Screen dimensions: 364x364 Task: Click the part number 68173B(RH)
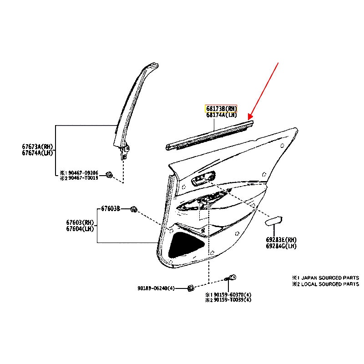[221, 109]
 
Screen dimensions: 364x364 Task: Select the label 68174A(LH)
[221, 115]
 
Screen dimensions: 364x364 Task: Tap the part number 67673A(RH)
[37, 146]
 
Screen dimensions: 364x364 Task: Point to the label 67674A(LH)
[37, 152]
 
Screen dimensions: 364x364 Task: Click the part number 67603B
[111, 209]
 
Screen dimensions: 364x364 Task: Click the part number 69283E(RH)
[281, 239]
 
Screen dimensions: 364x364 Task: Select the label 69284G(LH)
[281, 246]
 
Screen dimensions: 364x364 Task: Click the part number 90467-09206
[82, 173]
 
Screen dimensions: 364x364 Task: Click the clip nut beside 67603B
[134, 209]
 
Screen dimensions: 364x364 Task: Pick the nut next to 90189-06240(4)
[192, 288]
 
